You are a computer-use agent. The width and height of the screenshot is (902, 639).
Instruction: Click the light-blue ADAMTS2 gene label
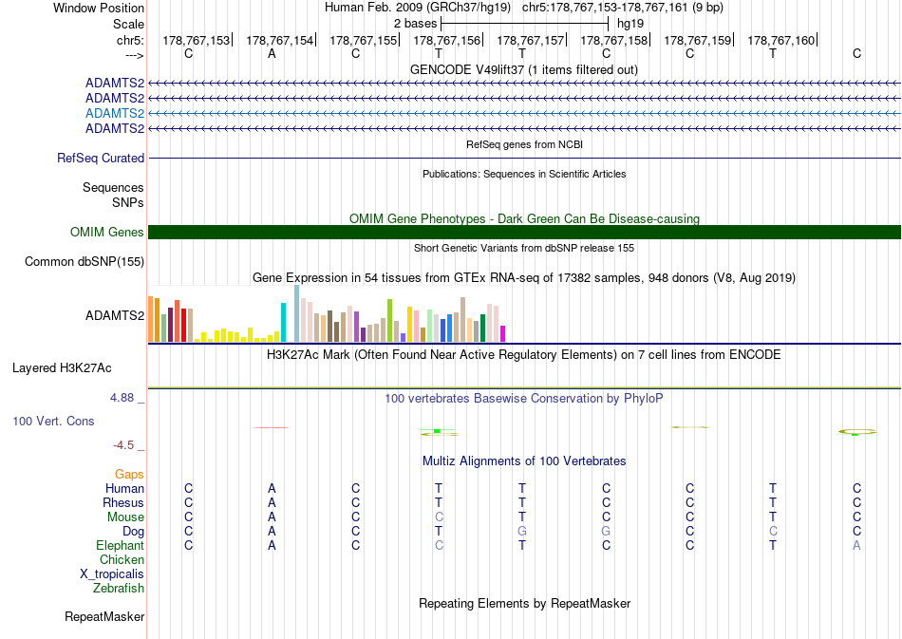tap(115, 113)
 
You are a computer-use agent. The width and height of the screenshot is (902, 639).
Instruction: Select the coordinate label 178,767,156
tap(446, 40)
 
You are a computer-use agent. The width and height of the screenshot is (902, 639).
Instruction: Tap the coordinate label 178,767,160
tap(780, 40)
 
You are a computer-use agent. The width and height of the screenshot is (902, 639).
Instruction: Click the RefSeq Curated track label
tap(101, 159)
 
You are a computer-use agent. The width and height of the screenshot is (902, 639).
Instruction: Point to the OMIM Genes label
tap(107, 232)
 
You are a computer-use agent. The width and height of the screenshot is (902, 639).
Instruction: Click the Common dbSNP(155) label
tap(85, 262)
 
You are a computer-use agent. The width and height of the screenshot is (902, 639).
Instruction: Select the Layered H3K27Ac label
tap(62, 368)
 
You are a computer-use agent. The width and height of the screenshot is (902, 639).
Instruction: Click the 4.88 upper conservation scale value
tap(122, 398)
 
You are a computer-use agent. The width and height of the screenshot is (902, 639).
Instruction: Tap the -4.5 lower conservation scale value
tap(123, 445)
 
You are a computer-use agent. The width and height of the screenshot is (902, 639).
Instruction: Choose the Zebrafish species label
tap(119, 589)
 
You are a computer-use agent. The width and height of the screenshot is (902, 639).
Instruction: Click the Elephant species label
tap(121, 545)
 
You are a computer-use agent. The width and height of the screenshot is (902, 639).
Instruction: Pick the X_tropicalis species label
tap(112, 574)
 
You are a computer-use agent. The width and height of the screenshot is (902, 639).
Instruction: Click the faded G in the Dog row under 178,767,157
tap(522, 531)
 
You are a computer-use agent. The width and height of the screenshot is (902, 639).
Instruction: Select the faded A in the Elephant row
tap(856, 545)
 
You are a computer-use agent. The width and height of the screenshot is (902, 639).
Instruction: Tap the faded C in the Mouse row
tap(439, 517)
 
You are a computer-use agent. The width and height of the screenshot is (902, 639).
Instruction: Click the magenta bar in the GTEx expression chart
tap(503, 334)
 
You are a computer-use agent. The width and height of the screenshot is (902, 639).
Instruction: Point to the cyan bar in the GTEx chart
tap(283, 323)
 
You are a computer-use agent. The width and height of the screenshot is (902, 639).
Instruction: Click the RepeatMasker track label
tap(104, 616)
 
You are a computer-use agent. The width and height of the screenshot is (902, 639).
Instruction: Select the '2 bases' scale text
tap(415, 24)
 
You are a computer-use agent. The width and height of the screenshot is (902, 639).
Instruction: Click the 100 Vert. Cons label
tap(53, 421)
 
